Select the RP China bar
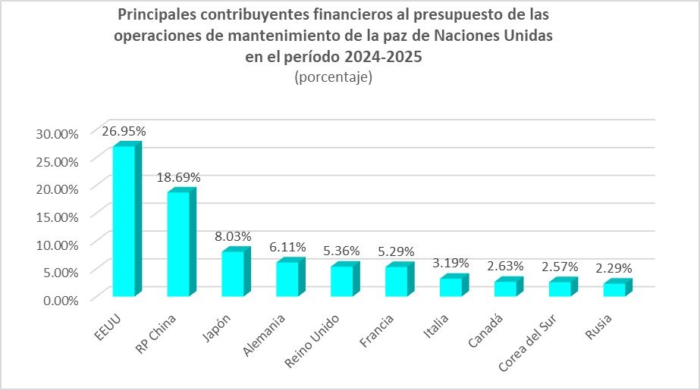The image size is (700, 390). (178, 244)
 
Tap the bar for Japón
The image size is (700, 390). (233, 273)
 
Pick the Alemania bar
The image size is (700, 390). (287, 278)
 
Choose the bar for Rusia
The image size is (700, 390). (614, 289)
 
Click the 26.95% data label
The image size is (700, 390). (124, 131)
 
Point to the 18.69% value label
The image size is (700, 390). (179, 177)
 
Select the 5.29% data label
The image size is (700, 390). (397, 251)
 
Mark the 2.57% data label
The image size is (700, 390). (560, 267)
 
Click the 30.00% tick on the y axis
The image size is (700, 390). (58, 133)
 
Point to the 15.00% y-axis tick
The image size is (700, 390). (58, 217)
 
